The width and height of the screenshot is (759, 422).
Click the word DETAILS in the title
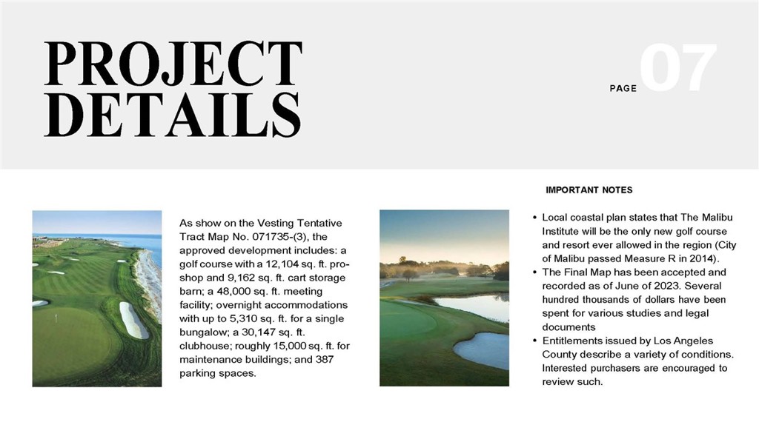(x=173, y=117)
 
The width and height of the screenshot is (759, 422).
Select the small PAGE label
(x=623, y=89)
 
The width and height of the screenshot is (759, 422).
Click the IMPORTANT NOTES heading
(x=589, y=190)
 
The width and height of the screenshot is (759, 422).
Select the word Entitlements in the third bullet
(x=576, y=341)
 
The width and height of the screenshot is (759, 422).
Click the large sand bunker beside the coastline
(x=133, y=320)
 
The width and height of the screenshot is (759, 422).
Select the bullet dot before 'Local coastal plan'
(x=535, y=218)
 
